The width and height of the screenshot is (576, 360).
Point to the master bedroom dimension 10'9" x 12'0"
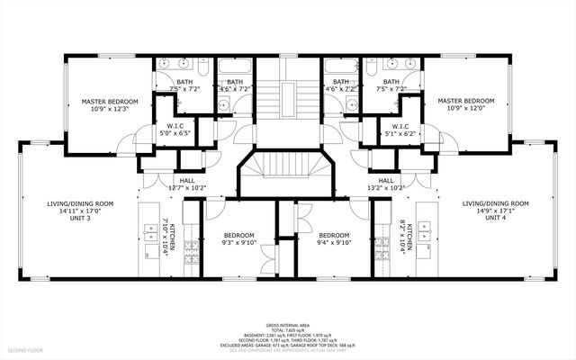[x=466, y=108]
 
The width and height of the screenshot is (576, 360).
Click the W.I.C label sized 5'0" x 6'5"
[x=175, y=133]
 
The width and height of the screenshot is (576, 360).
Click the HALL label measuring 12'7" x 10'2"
[x=186, y=188]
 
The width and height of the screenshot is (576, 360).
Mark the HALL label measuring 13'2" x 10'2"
[x=386, y=188]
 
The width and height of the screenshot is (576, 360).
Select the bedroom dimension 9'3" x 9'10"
[x=239, y=241]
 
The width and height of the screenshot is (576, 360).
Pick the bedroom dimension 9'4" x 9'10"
[x=333, y=241]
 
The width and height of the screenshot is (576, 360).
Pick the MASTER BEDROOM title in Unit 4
[x=466, y=101]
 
